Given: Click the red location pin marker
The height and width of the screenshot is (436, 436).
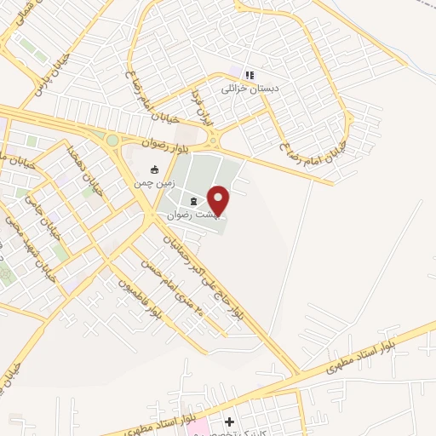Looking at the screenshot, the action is (x=220, y=200).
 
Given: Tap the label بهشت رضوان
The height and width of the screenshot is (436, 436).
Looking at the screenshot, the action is (x=198, y=216).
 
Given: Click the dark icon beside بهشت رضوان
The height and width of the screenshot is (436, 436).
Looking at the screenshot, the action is (x=193, y=202).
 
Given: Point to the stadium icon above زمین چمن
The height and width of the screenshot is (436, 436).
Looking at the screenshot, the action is (x=153, y=169).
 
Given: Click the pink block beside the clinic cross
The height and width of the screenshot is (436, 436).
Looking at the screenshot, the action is (x=197, y=426).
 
